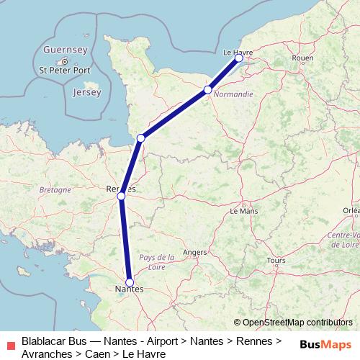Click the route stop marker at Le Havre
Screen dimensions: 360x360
tap(239, 58)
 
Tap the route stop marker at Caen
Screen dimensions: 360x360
tap(207, 90)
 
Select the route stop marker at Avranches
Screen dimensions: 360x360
tap(141, 138)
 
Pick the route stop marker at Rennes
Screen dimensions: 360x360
tap(121, 195)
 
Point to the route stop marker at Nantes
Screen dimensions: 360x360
tap(130, 282)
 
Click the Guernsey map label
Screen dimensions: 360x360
tap(65, 50)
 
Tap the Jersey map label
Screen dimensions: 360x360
tap(86, 92)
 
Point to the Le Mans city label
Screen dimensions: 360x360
tap(243, 212)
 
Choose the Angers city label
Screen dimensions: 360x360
tap(195, 252)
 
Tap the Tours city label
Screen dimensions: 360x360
tap(276, 260)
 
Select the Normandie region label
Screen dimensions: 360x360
tap(233, 94)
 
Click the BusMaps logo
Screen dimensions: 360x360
tap(325, 344)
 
